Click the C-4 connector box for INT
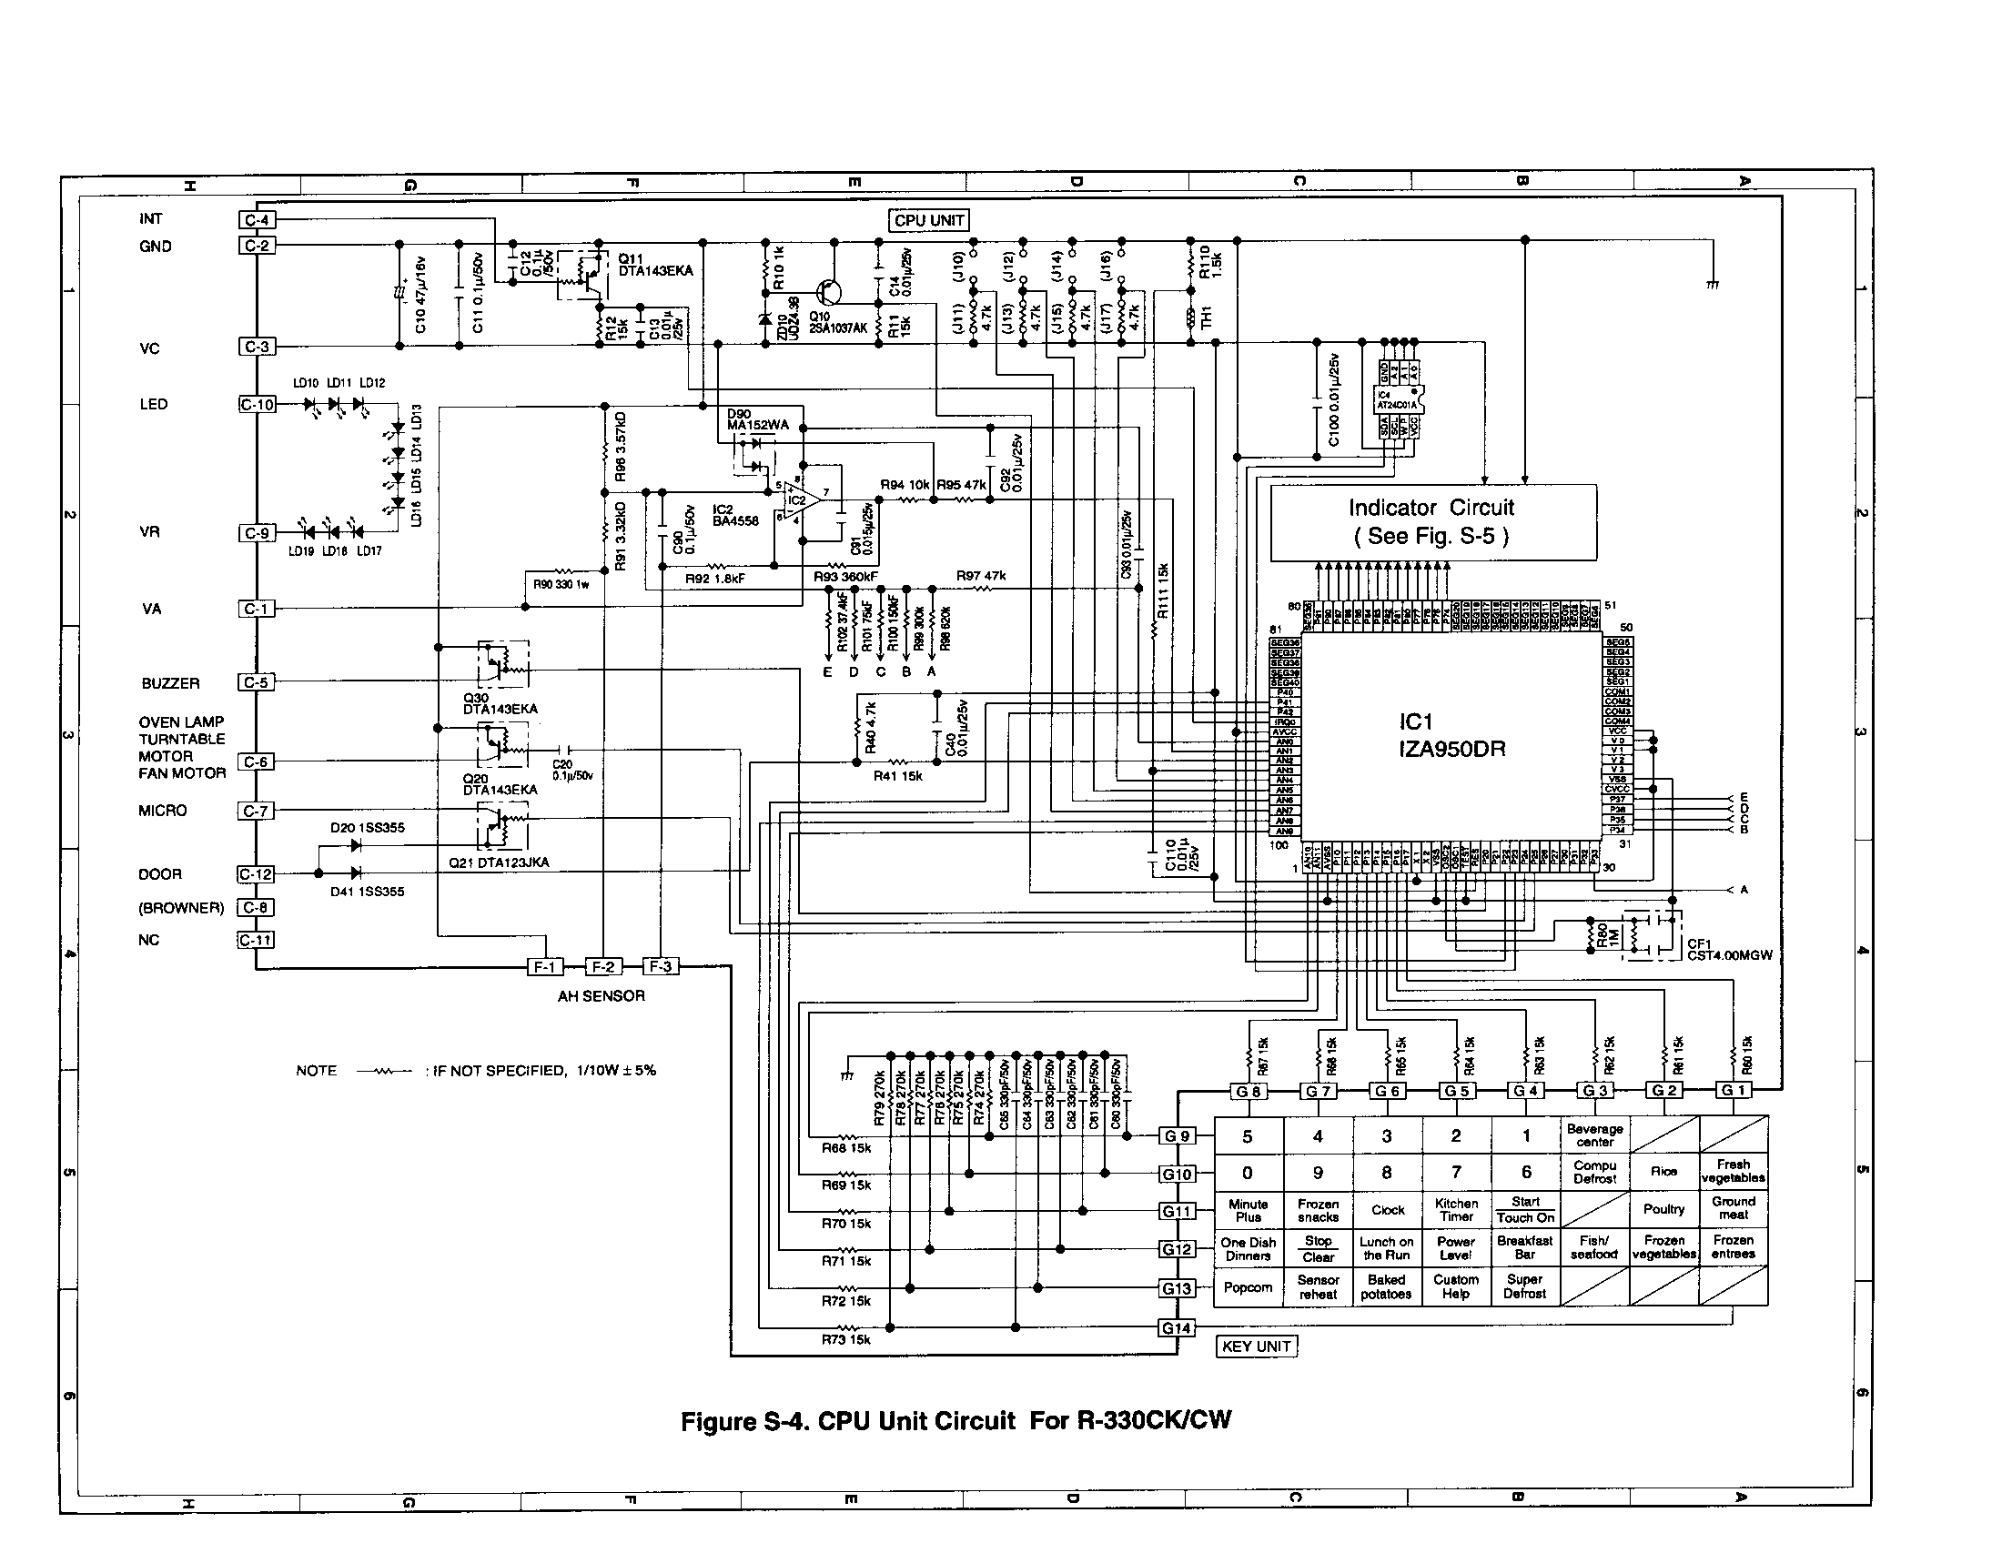click(257, 220)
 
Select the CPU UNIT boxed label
click(928, 221)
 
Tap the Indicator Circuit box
click(1432, 521)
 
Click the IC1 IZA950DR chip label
click(1451, 736)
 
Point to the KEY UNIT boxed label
click(1256, 1346)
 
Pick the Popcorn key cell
click(1248, 1287)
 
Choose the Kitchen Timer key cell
click(1456, 1209)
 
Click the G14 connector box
click(1176, 1327)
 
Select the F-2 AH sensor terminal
click(602, 967)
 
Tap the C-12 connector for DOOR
click(256, 874)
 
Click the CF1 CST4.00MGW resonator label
click(1729, 949)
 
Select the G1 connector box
click(1733, 1090)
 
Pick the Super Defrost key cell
click(1524, 1286)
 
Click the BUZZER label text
click(170, 683)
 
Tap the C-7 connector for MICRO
click(256, 811)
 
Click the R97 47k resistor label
click(981, 576)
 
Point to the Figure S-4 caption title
click(955, 1421)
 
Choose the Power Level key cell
click(1456, 1248)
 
